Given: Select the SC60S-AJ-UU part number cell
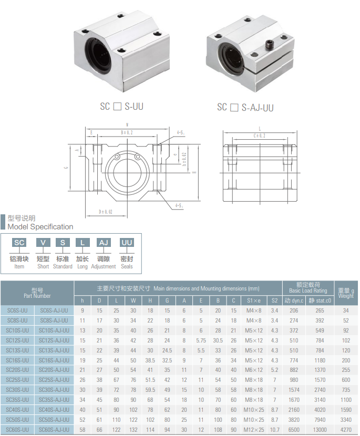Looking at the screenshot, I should point(55,430).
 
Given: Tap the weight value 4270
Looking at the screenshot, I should point(345,430).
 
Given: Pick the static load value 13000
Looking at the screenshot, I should point(320,430).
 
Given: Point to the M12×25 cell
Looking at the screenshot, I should point(254,430).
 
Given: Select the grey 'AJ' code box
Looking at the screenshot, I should point(104,242).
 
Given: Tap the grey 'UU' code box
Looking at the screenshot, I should point(127,242).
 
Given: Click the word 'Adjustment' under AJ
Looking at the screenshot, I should point(104,266).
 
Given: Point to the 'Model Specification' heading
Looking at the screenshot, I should point(40,227).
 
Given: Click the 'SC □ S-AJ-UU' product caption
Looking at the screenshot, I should point(245,108).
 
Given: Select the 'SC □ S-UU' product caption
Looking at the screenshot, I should point(121,107).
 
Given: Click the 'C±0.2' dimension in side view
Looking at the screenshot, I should point(259,136).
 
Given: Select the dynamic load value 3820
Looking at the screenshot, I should point(294,420).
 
